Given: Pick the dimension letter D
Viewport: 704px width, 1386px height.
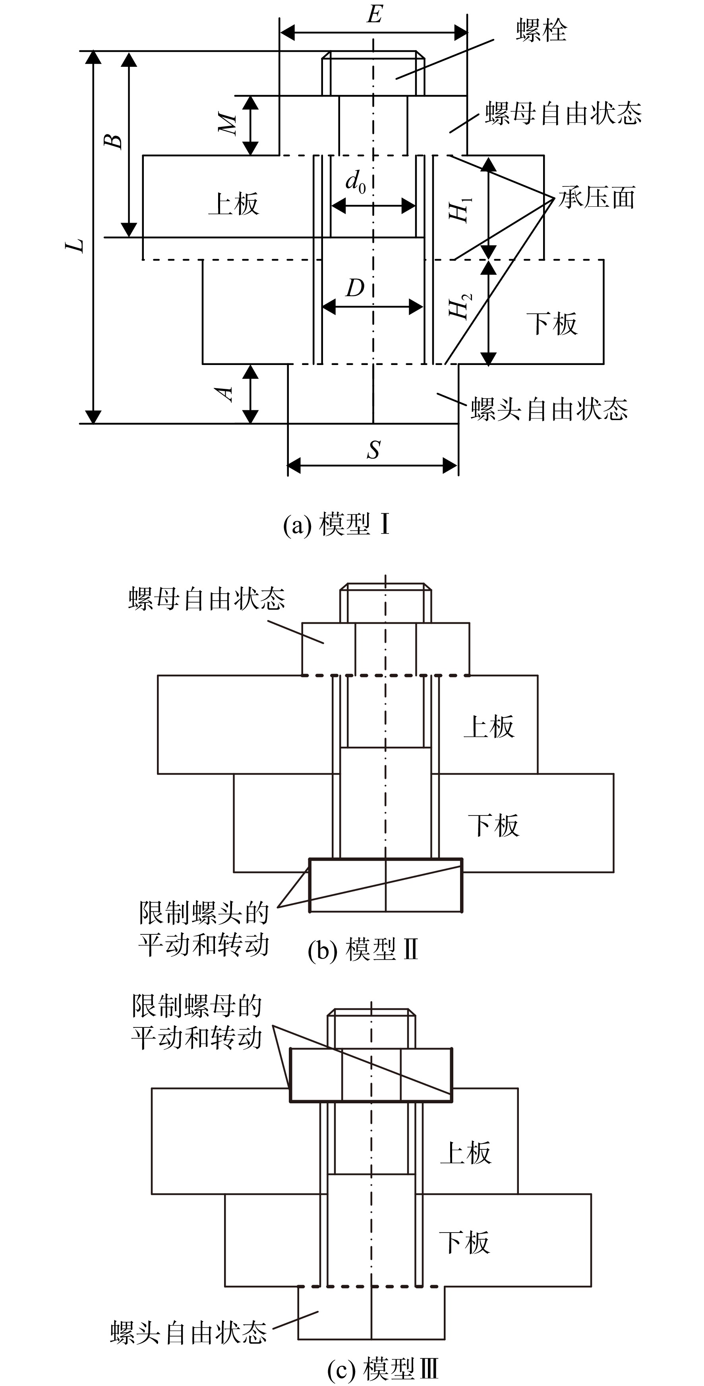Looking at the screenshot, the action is [355, 288].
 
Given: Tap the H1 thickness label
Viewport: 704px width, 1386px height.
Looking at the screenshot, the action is [460, 209].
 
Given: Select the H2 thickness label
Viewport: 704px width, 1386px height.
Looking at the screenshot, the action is [460, 306].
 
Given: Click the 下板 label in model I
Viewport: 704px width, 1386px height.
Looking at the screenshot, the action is [552, 324].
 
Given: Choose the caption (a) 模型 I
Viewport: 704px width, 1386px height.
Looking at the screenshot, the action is [337, 524].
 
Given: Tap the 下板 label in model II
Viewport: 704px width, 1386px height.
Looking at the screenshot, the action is [493, 825].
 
